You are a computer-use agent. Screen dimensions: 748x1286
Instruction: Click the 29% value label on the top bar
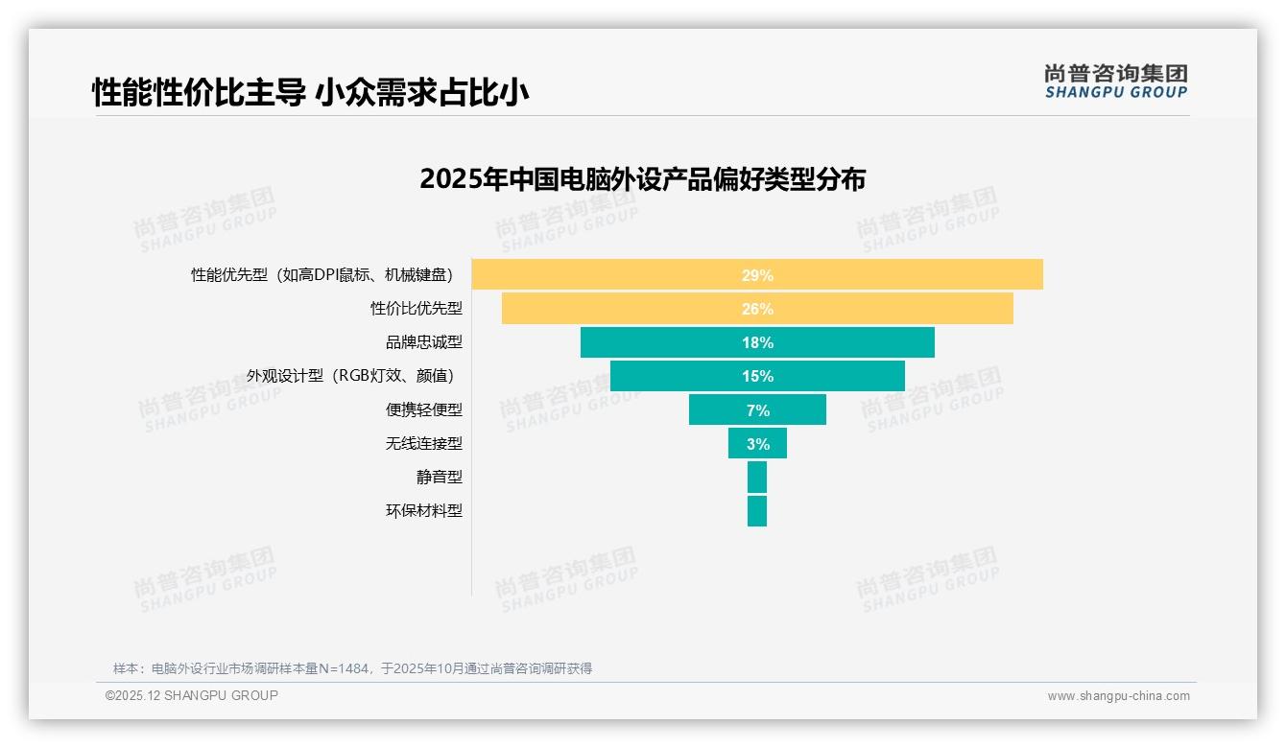click(x=757, y=275)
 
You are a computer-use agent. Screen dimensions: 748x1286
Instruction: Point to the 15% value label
click(x=757, y=376)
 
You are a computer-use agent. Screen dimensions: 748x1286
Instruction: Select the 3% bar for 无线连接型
click(x=757, y=443)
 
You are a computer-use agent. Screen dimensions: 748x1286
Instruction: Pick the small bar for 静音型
click(x=757, y=477)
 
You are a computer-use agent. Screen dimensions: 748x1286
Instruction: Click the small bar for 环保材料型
click(x=757, y=510)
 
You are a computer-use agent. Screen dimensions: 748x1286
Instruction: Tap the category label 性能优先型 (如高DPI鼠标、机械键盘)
click(x=321, y=275)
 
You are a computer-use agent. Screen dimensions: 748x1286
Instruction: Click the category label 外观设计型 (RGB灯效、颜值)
click(x=350, y=376)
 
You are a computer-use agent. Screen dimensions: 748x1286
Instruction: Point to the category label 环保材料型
click(x=424, y=510)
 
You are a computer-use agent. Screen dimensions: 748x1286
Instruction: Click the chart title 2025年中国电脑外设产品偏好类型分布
click(x=642, y=179)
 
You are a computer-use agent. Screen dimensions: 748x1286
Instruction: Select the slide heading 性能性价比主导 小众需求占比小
click(x=311, y=92)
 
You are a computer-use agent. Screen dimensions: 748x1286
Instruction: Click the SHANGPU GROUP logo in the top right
click(x=1116, y=82)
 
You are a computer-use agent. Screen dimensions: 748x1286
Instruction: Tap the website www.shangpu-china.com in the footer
click(x=1118, y=696)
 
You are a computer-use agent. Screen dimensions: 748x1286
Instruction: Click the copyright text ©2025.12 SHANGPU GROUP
click(x=192, y=695)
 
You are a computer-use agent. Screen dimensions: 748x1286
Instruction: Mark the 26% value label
click(x=757, y=309)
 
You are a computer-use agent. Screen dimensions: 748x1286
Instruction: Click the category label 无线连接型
click(x=424, y=443)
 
